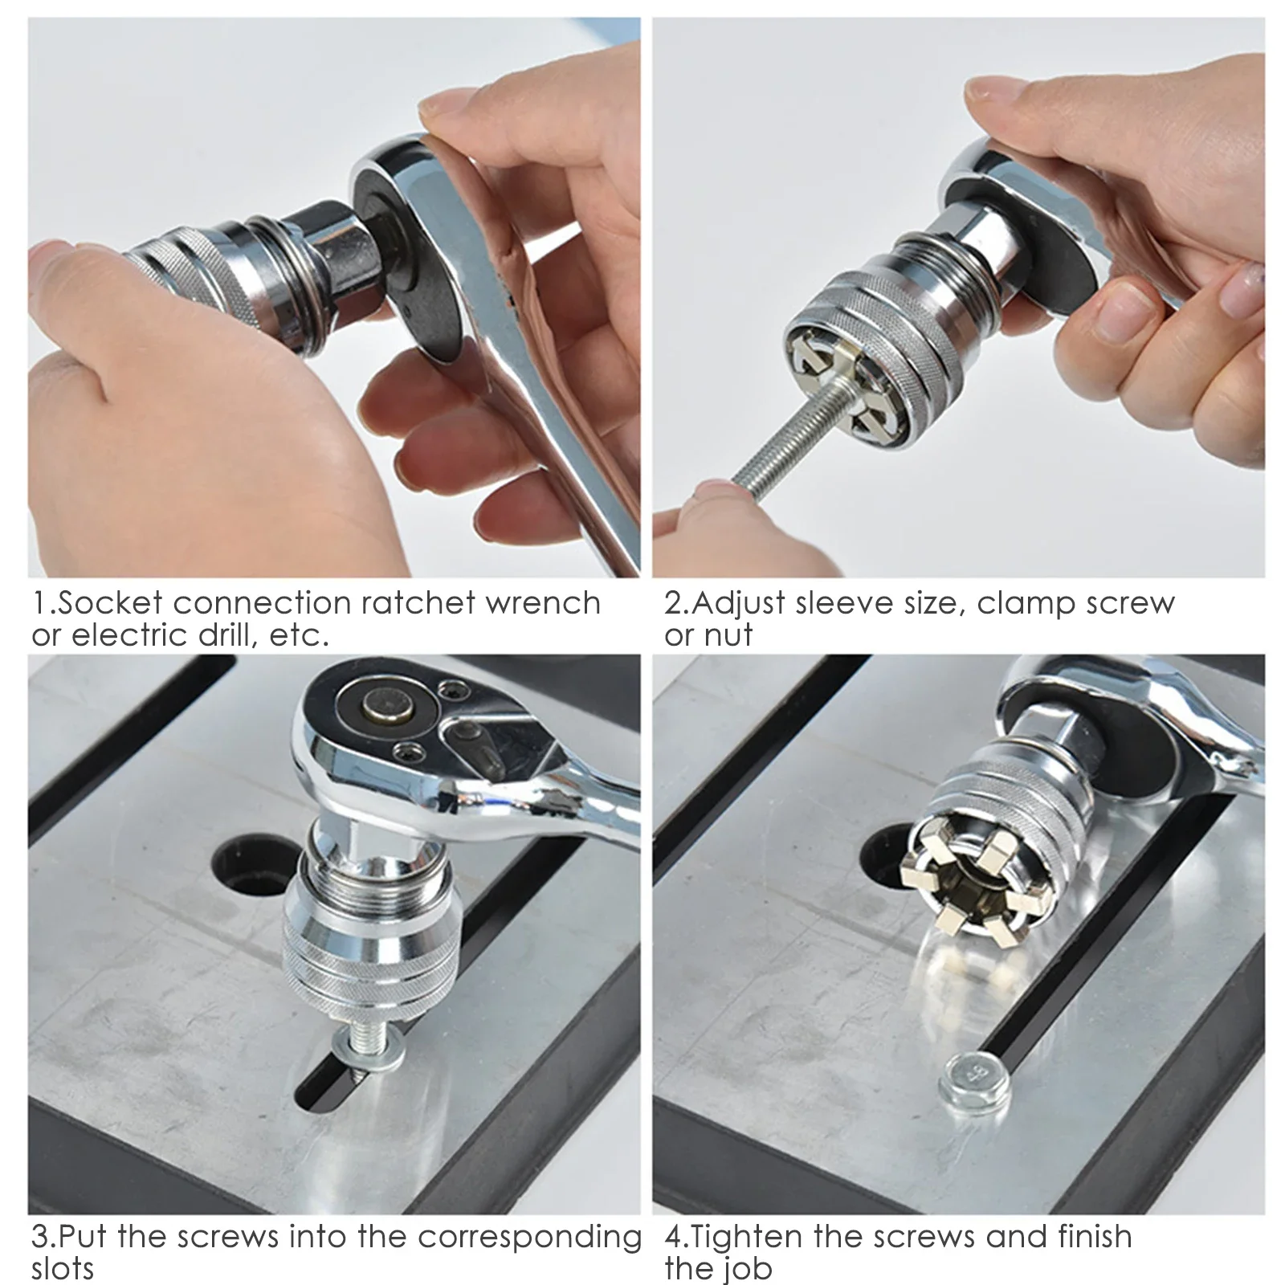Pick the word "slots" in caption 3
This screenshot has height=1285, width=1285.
click(x=63, y=1270)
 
